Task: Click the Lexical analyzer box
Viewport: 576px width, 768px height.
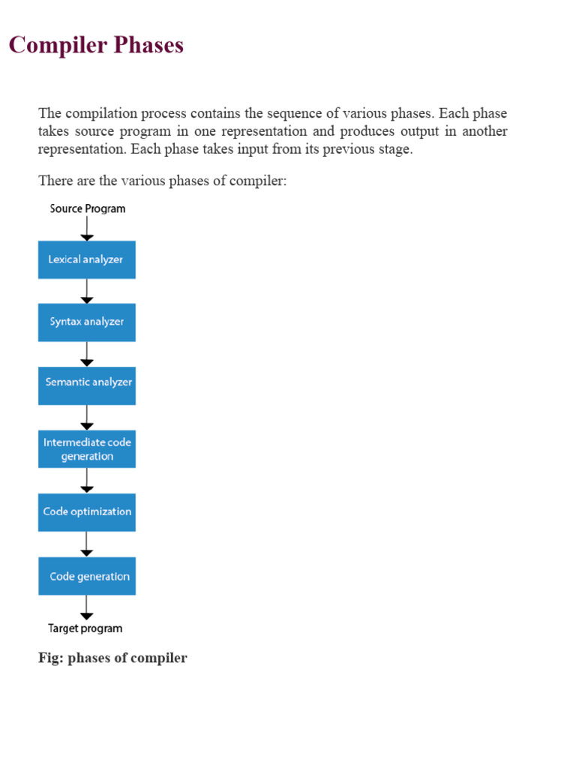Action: click(86, 259)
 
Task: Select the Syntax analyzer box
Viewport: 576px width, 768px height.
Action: click(86, 322)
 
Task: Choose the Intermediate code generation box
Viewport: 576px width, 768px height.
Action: click(86, 448)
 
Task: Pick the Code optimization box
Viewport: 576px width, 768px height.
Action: click(86, 511)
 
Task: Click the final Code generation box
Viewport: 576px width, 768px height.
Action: click(86, 575)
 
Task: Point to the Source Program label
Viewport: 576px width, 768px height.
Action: click(88, 208)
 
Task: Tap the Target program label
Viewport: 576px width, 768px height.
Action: click(85, 628)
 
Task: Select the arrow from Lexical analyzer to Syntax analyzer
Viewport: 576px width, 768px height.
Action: click(87, 291)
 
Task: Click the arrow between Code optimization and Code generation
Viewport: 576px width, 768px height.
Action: click(87, 544)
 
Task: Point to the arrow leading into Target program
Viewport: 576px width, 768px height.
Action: click(87, 607)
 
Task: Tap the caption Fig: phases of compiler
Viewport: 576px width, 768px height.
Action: click(112, 658)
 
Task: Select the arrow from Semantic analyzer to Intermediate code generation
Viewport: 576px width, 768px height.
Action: click(87, 417)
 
